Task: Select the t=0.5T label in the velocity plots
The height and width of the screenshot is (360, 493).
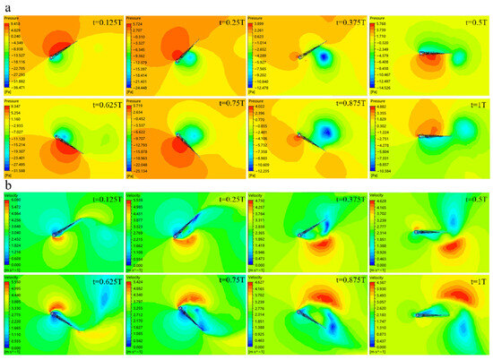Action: pyautogui.click(x=467, y=201)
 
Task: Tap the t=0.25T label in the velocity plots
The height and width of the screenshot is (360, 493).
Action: pyautogui.click(x=221, y=201)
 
